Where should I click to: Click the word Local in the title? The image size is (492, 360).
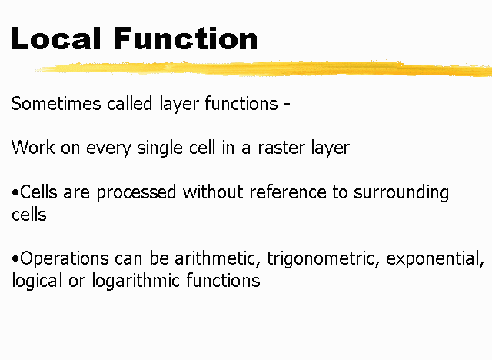[56, 38]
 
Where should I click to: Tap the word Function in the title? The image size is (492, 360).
[185, 38]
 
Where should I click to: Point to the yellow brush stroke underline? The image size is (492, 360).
[264, 69]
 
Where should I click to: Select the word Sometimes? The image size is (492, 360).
[56, 104]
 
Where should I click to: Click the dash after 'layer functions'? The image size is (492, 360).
[287, 105]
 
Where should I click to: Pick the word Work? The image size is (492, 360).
[33, 147]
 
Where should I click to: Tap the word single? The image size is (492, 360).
[160, 148]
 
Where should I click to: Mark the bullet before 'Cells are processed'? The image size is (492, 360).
[15, 192]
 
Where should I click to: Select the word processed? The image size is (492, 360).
[136, 193]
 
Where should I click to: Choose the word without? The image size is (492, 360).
[213, 192]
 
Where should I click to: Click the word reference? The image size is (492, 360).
[288, 192]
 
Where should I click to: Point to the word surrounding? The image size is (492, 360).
[401, 193]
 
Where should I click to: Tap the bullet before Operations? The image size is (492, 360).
[15, 258]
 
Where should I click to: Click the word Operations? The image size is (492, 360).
[65, 258]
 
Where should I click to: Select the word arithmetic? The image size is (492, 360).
[218, 258]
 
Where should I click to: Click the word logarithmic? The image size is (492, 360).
[136, 281]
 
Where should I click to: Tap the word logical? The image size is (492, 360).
[37, 281]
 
